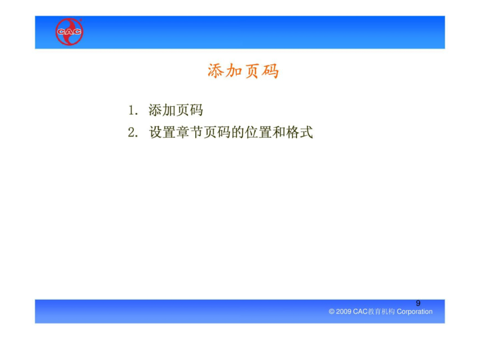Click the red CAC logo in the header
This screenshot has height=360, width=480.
(69, 32)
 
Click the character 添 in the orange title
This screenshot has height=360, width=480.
(216, 71)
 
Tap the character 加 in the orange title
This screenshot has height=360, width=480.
(234, 71)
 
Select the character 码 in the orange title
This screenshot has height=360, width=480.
(270, 71)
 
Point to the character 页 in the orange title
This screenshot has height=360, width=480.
(252, 71)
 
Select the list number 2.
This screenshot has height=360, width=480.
(133, 133)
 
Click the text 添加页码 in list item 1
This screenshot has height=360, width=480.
(175, 110)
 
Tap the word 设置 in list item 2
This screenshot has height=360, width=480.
(163, 133)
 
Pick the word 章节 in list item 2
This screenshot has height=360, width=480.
(190, 133)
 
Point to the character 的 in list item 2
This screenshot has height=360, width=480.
(238, 133)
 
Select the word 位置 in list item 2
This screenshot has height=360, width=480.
(258, 133)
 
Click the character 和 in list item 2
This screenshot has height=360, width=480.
(279, 133)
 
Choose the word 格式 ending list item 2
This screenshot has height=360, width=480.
(300, 133)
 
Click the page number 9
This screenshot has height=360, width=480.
(418, 303)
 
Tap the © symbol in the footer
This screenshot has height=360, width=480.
(332, 311)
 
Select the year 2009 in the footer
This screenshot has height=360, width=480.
(343, 311)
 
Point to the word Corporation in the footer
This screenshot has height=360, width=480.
(414, 311)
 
